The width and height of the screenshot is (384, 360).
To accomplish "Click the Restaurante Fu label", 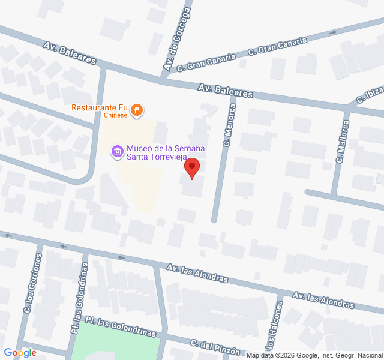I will pyautogui.click(x=98, y=108).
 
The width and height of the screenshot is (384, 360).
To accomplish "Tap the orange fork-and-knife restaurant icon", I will pyautogui.click(x=138, y=109).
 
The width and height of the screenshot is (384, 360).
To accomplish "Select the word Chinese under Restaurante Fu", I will pyautogui.click(x=115, y=115).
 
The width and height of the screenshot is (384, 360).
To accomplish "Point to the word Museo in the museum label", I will pyautogui.click(x=139, y=148).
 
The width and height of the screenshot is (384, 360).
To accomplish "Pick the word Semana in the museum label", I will pyautogui.click(x=190, y=148).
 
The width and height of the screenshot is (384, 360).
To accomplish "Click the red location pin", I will pyautogui.click(x=192, y=167).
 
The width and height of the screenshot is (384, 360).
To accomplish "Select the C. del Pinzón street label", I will pyautogui.click(x=215, y=347).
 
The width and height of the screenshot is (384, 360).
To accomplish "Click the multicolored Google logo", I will pyautogui.click(x=20, y=353).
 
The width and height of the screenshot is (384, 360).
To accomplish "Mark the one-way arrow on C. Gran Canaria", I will pyautogui.click(x=332, y=32).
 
